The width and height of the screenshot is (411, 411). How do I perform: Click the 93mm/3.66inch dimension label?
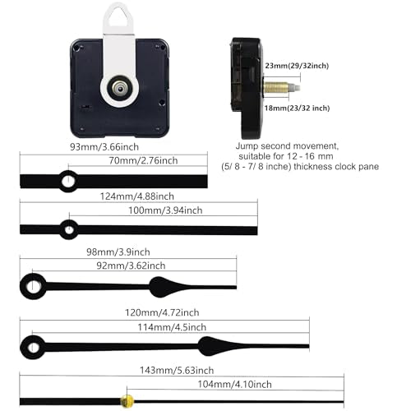tap(104, 147)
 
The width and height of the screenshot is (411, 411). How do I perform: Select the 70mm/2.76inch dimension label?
tap(143, 160)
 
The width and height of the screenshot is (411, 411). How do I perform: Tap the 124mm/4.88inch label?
tap(137, 196)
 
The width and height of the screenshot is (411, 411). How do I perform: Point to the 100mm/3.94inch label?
tap(165, 210)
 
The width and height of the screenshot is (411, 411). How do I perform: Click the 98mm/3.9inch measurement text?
tap(118, 252)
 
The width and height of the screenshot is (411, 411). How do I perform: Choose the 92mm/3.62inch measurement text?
tap(131, 266)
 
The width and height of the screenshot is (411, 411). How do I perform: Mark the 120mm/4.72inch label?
tap(162, 312)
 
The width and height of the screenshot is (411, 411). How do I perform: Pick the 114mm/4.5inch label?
tap(172, 327)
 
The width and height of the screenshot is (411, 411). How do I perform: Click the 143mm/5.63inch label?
tap(177, 370)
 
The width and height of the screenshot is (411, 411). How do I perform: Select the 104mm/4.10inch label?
tap(235, 384)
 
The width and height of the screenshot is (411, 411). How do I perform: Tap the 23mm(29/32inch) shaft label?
tap(297, 66)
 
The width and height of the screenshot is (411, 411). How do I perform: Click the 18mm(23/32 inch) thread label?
tap(297, 108)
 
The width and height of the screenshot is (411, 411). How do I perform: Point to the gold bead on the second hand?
tap(127, 401)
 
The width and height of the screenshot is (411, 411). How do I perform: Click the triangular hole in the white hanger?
tap(118, 17)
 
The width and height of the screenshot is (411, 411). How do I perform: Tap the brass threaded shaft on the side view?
tap(276, 88)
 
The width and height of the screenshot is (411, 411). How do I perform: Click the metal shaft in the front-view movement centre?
tap(119, 88)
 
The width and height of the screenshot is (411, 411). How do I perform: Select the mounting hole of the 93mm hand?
tap(68, 181)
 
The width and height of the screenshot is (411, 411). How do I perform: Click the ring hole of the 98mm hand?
tap(33, 286)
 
